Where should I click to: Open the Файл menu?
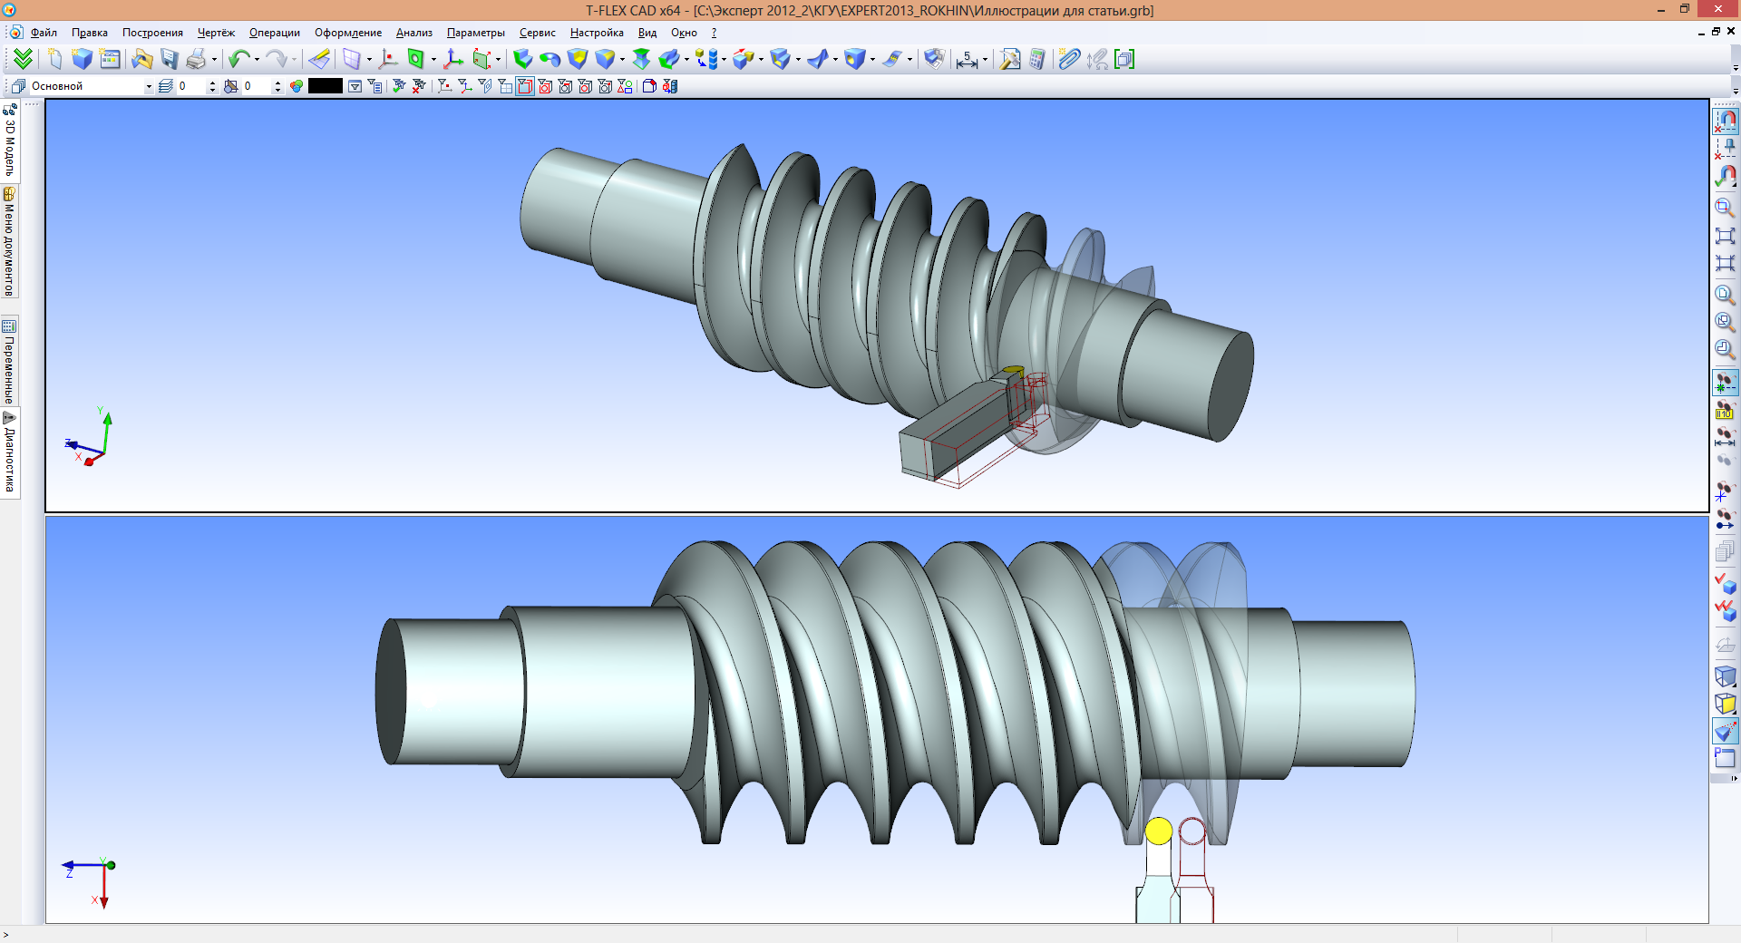coord(44,33)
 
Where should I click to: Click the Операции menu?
coord(274,33)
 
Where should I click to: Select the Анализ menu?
coord(413,33)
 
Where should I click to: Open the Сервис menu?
coord(537,33)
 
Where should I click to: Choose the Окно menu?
coord(684,33)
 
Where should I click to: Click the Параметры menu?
coord(475,33)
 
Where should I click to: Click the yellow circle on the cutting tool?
coord(1158,831)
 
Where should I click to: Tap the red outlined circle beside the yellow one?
coord(1191,831)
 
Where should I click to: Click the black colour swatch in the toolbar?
coord(325,86)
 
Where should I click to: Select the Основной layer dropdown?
coord(91,86)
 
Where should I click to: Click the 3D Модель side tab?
coord(10,141)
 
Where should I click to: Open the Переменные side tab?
coord(10,363)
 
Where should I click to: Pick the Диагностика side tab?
coord(10,453)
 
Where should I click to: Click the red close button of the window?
coord(1719,9)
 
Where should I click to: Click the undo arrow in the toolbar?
coord(238,60)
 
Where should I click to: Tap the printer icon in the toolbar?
coord(196,60)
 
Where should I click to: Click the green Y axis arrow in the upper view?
coord(108,420)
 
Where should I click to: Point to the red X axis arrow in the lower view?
coord(104,900)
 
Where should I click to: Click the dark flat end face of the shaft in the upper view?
coord(1231,386)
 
